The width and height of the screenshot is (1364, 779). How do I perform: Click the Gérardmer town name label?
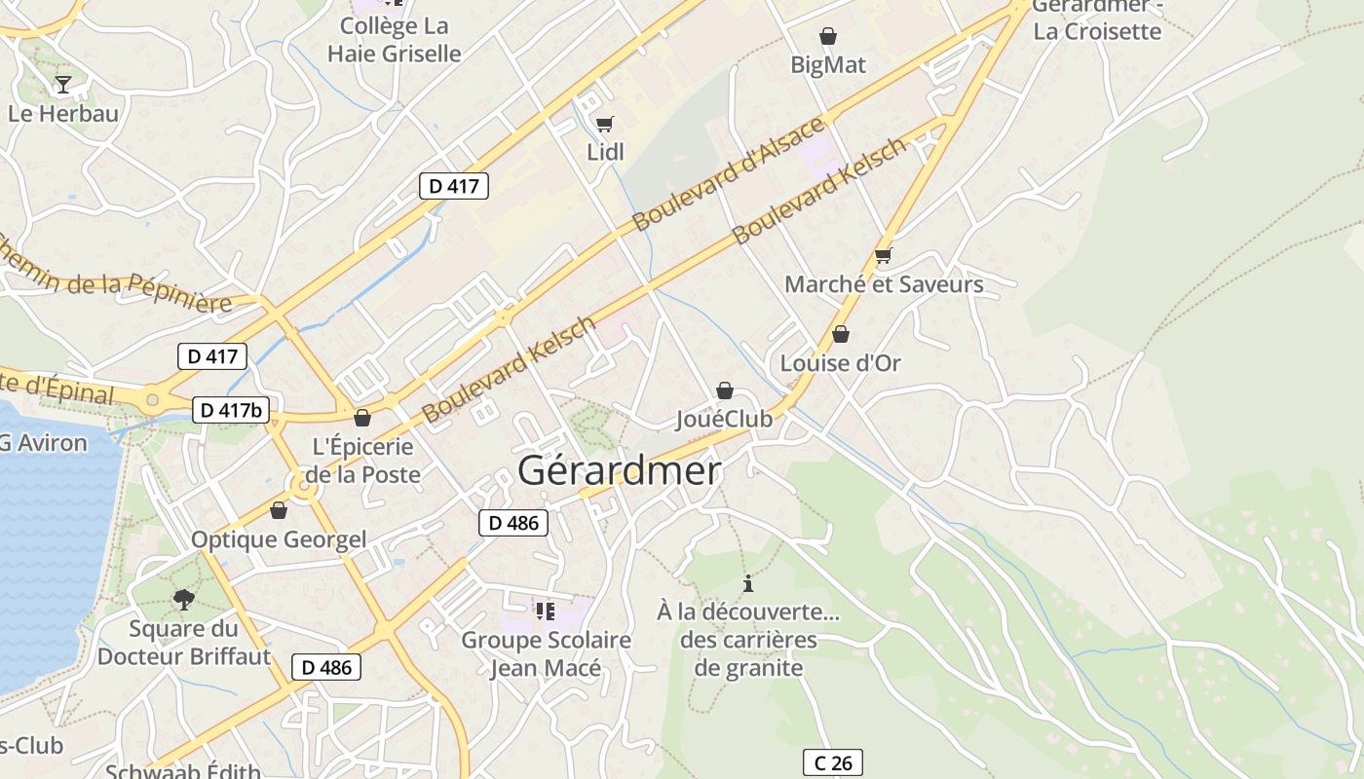(x=620, y=471)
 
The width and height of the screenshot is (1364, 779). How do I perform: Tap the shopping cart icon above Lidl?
(x=604, y=124)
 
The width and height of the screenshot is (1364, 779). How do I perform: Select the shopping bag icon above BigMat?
(x=828, y=37)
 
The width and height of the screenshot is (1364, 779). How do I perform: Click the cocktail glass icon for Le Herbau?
(x=63, y=85)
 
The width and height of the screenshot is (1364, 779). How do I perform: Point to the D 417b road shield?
(x=230, y=410)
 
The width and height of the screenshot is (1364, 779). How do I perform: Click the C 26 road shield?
(x=833, y=762)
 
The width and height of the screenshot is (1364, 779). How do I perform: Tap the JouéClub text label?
(x=724, y=419)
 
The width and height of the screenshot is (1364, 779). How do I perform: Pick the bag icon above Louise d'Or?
(x=841, y=335)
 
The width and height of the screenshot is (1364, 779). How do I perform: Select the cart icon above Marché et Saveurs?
(x=884, y=255)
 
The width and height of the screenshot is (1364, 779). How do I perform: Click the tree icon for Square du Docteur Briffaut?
(x=183, y=599)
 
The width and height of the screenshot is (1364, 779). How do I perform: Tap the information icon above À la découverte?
(x=748, y=584)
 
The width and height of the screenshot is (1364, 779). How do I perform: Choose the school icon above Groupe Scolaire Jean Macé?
(x=546, y=612)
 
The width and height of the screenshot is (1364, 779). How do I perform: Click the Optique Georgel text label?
(x=279, y=539)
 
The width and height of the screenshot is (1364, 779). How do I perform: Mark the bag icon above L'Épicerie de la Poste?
(x=362, y=419)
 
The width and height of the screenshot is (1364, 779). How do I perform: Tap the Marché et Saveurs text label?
(x=884, y=284)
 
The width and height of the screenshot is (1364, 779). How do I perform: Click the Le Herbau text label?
(x=63, y=113)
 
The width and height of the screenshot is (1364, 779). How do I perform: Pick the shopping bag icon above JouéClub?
(x=725, y=390)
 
